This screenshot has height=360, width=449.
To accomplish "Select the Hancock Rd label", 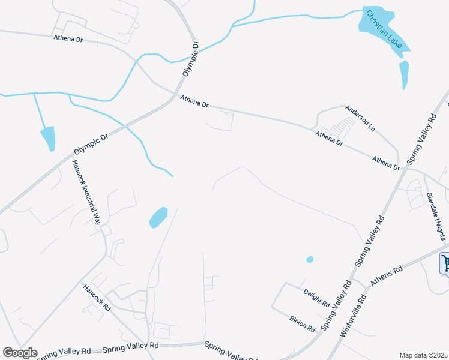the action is pos(97,296).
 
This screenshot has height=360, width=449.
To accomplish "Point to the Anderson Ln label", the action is pos(360,118).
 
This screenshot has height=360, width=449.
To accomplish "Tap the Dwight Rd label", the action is pos(316,297).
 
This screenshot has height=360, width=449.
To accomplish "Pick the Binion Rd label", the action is pos(302,325).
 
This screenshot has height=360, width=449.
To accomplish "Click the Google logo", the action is pos(20,353).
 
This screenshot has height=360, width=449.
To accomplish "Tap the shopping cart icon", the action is pos(445,263).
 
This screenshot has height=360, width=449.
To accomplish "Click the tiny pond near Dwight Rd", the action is pos(310,260).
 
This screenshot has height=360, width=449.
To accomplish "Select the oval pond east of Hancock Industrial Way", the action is pos(158,217).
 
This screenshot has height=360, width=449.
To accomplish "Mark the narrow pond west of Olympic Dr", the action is pos(48,138).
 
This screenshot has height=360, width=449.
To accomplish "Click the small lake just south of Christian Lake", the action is pos(404,73).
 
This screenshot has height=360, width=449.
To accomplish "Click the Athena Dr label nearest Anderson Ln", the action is pos(329,139).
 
